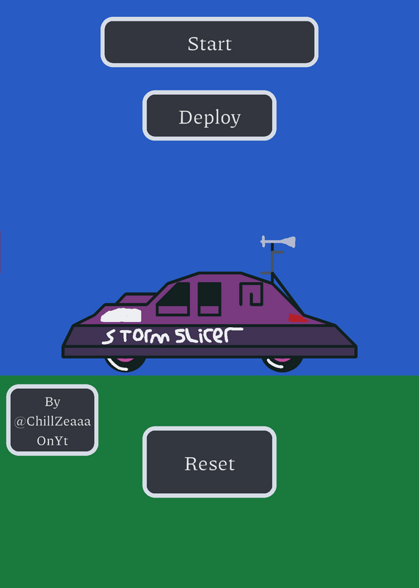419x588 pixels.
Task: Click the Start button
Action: tap(209, 42)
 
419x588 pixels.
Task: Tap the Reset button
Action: tap(209, 462)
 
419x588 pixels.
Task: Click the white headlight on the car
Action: tap(121, 315)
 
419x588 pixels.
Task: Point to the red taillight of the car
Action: tap(298, 318)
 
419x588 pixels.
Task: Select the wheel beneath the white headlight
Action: tap(125, 364)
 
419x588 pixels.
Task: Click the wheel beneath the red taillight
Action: tap(283, 364)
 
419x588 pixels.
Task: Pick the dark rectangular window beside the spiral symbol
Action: tap(209, 293)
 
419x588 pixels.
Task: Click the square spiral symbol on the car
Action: tap(251, 294)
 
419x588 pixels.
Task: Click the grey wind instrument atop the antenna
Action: tap(278, 242)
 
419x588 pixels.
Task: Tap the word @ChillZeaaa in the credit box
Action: tap(52, 421)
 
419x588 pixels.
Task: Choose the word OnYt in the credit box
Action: tap(52, 440)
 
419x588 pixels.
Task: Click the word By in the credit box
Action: tap(52, 402)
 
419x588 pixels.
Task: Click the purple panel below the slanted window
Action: tap(172, 310)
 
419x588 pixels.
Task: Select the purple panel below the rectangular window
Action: tap(209, 310)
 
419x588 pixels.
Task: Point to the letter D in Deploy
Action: tap(185, 117)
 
